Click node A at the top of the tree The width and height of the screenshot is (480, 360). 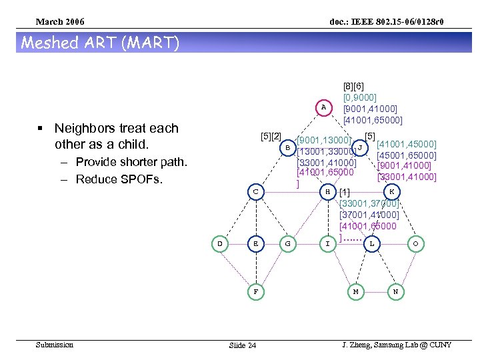323,107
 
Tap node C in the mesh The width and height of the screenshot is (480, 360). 255,192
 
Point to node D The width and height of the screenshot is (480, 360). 220,244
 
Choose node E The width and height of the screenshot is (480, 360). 255,244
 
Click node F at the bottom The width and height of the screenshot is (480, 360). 255,291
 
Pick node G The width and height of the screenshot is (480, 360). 287,244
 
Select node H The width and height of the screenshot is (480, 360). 327,192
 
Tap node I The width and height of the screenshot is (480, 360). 327,244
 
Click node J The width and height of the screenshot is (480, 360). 360,147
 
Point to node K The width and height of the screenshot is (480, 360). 392,192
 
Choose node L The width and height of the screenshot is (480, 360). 371,244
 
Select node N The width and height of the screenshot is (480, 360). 396,291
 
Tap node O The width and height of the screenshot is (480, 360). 415,244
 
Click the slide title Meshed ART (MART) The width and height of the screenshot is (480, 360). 101,43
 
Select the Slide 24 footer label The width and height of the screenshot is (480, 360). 242,345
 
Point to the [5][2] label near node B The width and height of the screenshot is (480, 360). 272,137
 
